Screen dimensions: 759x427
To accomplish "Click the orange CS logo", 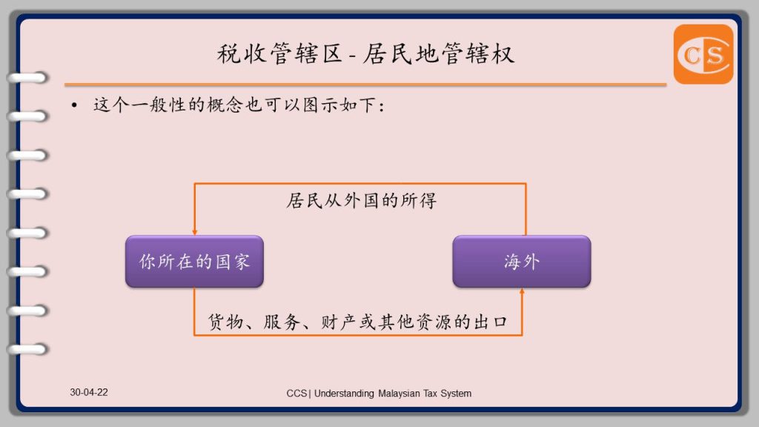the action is (703, 54).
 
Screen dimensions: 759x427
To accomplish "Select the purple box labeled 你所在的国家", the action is (195, 262).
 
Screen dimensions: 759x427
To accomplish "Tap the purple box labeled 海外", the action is (522, 262).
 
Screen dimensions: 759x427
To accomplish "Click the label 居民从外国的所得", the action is (361, 200).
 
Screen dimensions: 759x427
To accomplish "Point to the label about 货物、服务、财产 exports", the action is (358, 322).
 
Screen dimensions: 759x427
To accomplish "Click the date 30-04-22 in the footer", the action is (89, 392).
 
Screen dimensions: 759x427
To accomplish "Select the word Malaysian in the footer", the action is (399, 394).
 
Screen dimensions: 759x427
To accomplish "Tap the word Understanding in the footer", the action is (344, 394).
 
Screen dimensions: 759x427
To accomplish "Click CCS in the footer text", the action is (296, 394).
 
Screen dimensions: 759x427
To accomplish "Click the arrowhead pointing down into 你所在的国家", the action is (195, 232).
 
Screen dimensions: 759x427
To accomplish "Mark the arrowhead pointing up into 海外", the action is (522, 291).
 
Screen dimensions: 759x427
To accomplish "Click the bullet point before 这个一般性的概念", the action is (74, 105).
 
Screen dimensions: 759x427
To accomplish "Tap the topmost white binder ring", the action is (27, 77).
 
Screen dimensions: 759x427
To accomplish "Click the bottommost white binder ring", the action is (27, 349).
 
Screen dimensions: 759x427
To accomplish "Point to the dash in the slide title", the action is (352, 56).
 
